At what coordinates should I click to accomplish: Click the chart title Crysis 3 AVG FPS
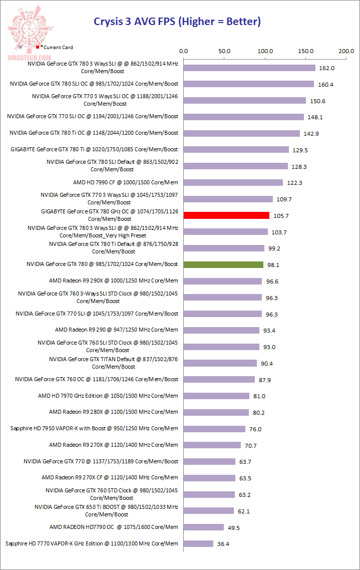[x=177, y=22]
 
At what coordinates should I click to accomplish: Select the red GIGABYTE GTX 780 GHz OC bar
[x=226, y=215]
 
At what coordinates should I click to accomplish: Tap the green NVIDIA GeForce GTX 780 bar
[x=223, y=264]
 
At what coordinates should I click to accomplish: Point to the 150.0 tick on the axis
[x=305, y=51]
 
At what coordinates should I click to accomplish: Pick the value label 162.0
[x=326, y=68]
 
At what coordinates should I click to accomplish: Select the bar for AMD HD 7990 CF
[x=233, y=183]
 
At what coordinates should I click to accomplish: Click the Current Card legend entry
[x=56, y=47]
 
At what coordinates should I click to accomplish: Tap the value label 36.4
[x=224, y=544]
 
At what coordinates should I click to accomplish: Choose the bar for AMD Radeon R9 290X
[x=223, y=281]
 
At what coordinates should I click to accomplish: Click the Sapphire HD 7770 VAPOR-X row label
[x=92, y=543]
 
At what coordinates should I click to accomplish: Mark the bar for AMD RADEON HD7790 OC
[x=204, y=527]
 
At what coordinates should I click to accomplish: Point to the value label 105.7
[x=280, y=216]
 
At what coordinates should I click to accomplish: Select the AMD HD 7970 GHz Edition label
[x=108, y=396]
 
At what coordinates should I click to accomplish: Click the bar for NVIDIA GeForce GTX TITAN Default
[x=220, y=363]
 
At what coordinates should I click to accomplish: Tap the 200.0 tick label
[x=346, y=51]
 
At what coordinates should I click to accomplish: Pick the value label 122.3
[x=294, y=183]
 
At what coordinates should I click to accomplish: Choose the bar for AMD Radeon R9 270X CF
[x=209, y=478]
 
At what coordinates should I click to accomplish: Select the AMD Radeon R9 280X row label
[x=114, y=412]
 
